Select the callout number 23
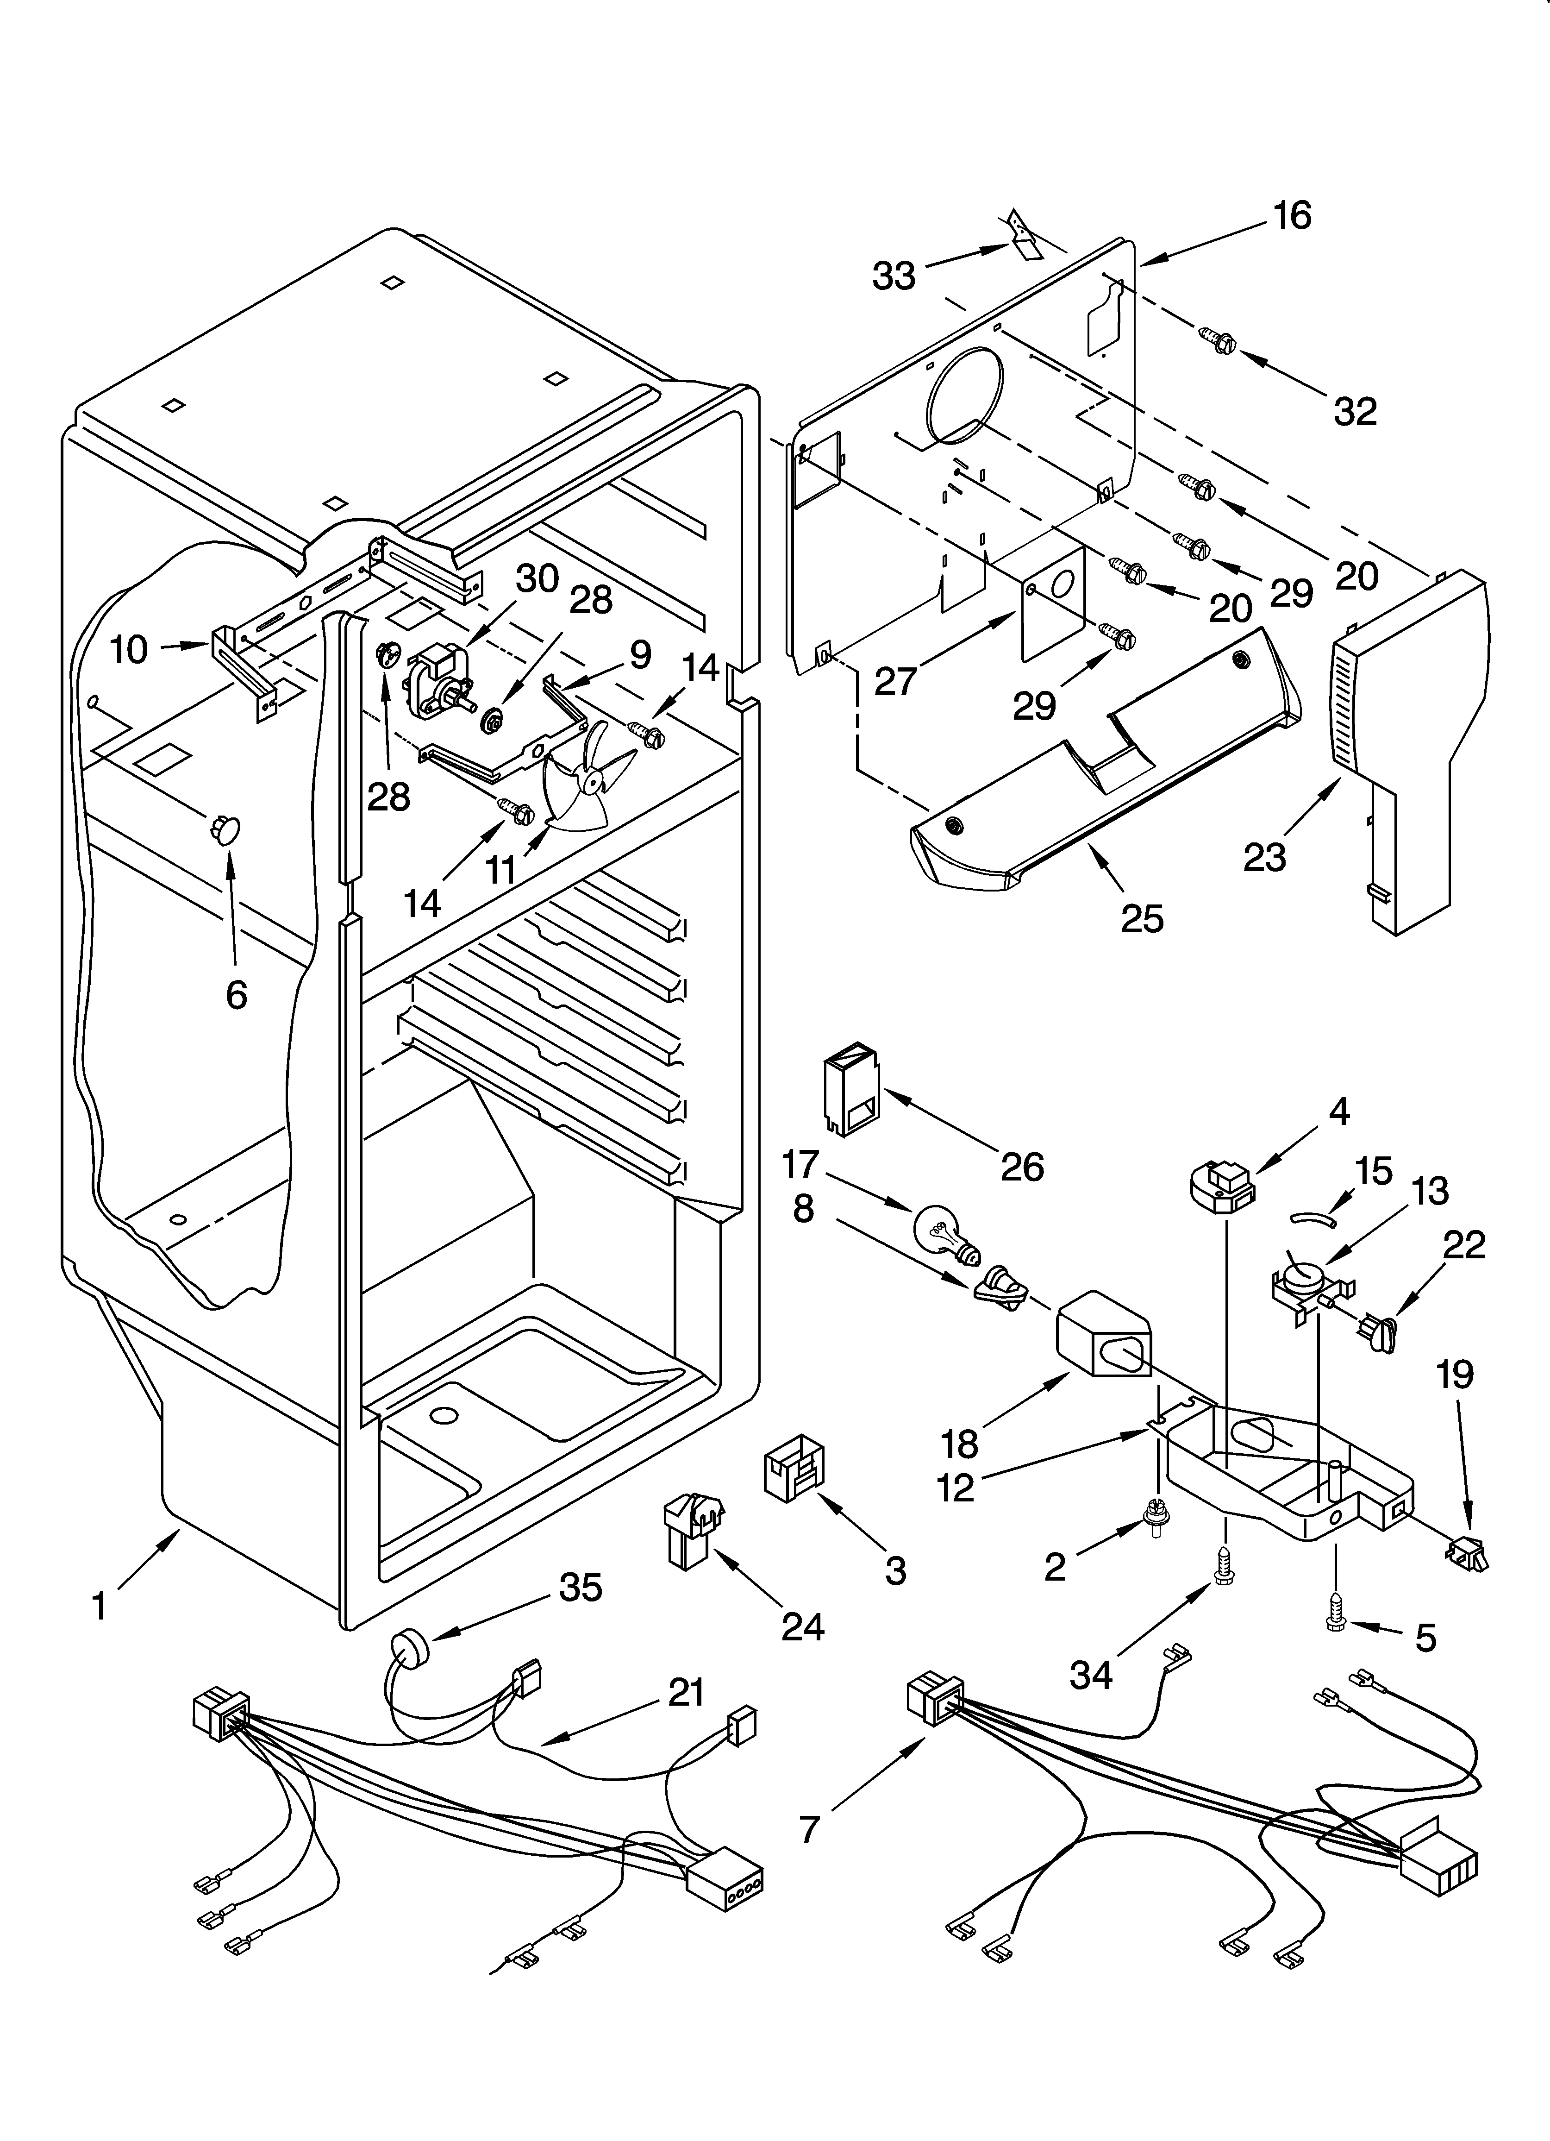(1265, 856)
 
